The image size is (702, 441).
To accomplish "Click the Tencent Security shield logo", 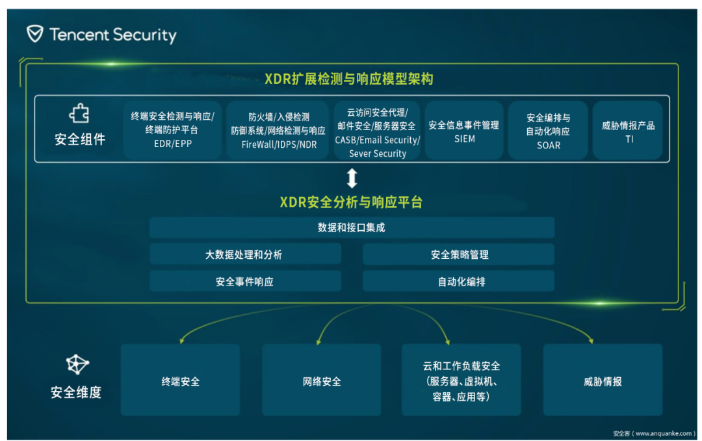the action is pos(35,34).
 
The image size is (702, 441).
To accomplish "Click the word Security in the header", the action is pos(144,35).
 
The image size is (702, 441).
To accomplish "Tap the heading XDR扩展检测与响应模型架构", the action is pos(349,79).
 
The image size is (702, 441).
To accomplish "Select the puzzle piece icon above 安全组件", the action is pos(79,113).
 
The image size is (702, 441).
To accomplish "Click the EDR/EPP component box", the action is pos(172,130).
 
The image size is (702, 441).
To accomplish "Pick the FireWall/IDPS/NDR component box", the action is pos(278,130).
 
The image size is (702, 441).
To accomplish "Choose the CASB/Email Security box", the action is pos(378,130).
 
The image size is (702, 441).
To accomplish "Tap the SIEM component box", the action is pos(464,130).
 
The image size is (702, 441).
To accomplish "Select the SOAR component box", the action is pos(548,130).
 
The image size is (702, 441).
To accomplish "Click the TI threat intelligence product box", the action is pos(628,130).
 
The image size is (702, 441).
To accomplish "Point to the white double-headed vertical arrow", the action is pos(352,178).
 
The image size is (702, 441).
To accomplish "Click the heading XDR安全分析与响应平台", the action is pos(351,202).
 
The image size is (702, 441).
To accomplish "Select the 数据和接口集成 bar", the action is pos(352,228).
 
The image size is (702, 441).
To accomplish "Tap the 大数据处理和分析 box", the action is pos(245,254).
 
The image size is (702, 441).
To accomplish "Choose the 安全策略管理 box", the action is pos(458,254).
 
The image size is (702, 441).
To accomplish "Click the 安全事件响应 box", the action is pos(245,282).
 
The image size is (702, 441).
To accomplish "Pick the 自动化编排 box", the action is pos(458,282).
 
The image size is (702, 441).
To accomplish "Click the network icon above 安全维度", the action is pos(77,364).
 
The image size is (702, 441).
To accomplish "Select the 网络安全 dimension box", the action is pos(322,380).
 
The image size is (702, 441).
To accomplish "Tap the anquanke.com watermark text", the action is pos(654,433).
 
